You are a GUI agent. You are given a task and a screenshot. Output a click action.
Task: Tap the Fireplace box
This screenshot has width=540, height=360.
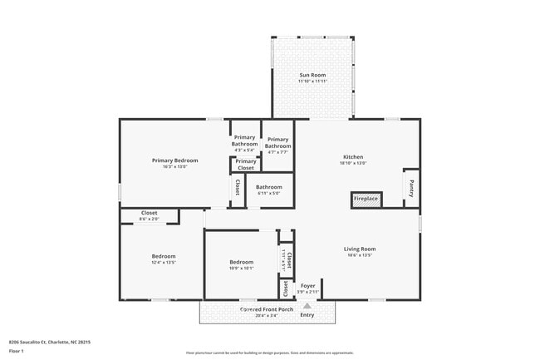point(366,200)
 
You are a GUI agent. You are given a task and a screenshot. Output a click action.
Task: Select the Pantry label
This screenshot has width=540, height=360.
point(411,188)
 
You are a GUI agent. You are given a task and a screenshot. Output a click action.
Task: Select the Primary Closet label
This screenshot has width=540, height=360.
point(245,165)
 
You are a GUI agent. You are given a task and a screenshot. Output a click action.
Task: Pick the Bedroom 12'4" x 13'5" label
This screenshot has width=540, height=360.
point(164,259)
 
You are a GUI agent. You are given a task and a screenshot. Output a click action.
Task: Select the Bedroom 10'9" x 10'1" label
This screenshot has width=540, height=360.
point(242,265)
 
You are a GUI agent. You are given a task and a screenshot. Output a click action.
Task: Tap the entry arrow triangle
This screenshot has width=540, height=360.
point(307,305)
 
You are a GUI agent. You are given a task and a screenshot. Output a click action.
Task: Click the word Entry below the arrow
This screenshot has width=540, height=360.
point(307,315)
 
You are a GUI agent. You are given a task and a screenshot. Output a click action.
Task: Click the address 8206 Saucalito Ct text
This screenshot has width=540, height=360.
point(49,342)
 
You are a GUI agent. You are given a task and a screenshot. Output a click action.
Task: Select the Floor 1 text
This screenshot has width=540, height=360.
point(17,351)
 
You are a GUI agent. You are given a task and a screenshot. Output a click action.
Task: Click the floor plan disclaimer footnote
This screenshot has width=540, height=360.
point(269,353)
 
